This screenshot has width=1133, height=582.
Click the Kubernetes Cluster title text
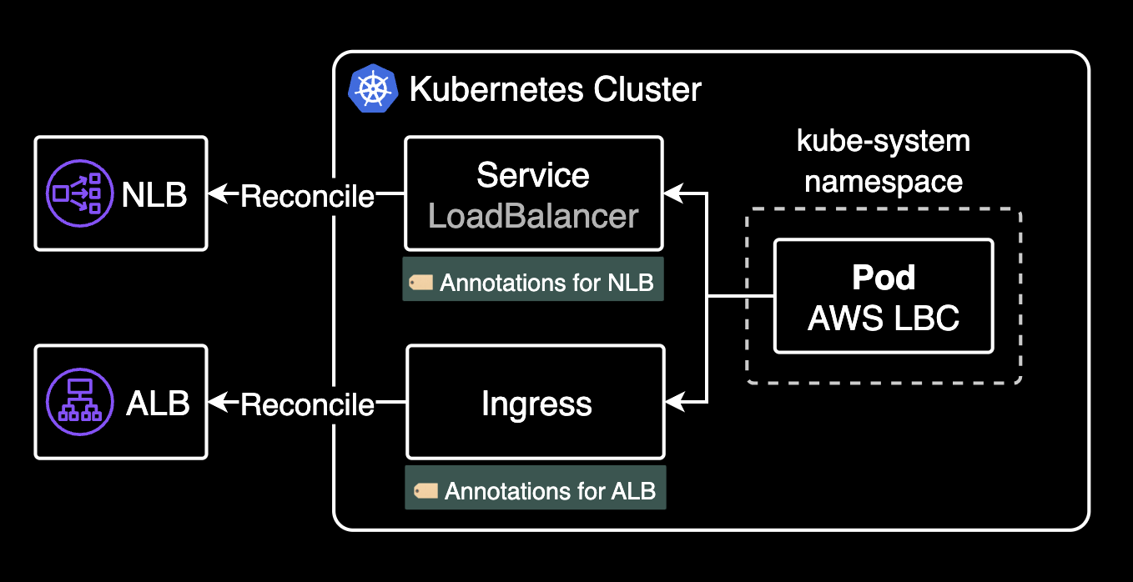click(x=555, y=89)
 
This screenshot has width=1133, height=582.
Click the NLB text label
click(x=154, y=195)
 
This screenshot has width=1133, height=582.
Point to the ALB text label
click(x=158, y=404)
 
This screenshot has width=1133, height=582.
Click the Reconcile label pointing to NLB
click(x=307, y=196)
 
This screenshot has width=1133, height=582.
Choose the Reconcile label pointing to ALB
click(x=307, y=404)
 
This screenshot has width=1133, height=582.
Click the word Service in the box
click(x=533, y=175)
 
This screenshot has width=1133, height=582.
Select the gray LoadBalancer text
click(x=533, y=216)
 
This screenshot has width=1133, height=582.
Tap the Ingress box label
click(x=536, y=404)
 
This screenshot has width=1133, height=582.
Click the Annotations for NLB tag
click(x=533, y=283)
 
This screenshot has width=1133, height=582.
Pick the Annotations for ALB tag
click(x=536, y=491)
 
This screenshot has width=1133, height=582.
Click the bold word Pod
click(x=884, y=278)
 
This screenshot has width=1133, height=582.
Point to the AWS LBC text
click(x=884, y=318)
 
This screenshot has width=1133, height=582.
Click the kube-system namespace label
click(x=884, y=161)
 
